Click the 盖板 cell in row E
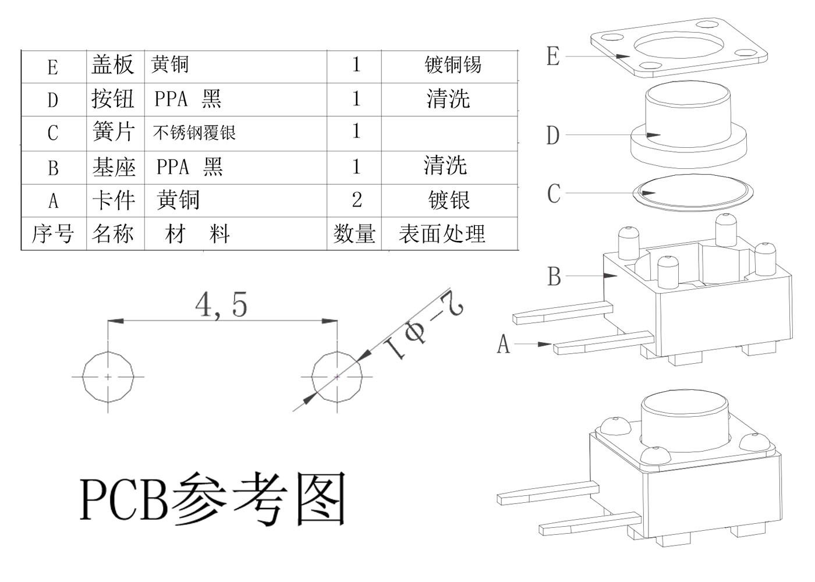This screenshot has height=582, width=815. pos(112,65)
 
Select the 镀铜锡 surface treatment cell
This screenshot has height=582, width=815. pos(452,65)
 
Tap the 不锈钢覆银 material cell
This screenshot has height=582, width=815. pos(194,133)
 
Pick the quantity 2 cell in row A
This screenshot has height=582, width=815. pos(356,200)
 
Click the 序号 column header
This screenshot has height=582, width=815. pos(52,234)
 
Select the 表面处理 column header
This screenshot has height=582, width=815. pos(442,234)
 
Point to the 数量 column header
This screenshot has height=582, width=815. pos(354,234)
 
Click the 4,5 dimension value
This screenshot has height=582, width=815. pos(222,304)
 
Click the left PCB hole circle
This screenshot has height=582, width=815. pos(108,377)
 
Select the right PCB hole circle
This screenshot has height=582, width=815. pos(337,377)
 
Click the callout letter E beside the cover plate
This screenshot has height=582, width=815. pos(553,56)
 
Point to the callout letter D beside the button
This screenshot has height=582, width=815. pos(552,136)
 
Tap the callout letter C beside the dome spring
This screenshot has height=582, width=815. pos(554,193)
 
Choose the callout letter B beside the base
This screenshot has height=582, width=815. pos(554,276)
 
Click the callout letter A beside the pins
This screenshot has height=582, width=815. pos(503,344)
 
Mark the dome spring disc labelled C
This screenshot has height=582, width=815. pos(692,191)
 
